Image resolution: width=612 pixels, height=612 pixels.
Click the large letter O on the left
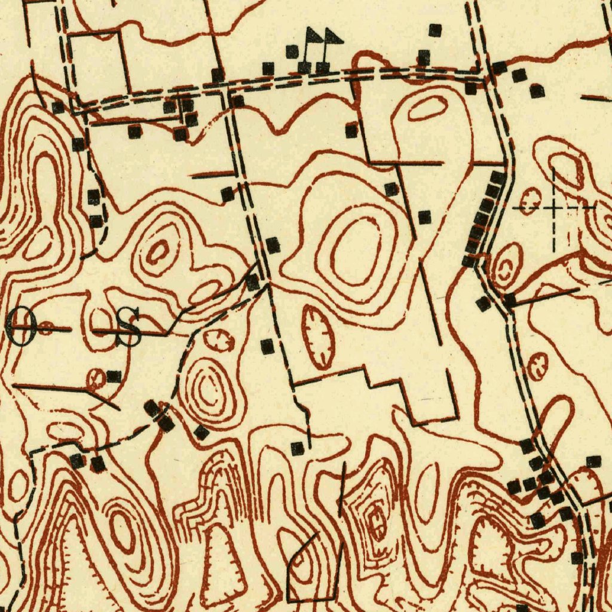(22, 326)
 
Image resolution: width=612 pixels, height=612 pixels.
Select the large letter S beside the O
(128, 327)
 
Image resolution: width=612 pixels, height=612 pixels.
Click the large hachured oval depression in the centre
(317, 336)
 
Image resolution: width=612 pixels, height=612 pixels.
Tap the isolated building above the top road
(435, 30)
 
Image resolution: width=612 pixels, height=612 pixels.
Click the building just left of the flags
(292, 51)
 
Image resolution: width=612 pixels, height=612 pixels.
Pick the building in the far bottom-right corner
(577, 558)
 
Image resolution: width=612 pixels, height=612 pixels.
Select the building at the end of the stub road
(298, 448)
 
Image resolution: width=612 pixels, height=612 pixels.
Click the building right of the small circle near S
(114, 377)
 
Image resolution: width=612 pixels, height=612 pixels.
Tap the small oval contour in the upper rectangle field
(428, 109)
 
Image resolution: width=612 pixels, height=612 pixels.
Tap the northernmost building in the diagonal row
(498, 178)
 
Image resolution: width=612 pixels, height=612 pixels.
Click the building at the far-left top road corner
(58, 108)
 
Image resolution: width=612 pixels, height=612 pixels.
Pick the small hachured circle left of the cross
(529, 201)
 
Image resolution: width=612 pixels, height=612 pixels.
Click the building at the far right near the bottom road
(593, 461)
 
